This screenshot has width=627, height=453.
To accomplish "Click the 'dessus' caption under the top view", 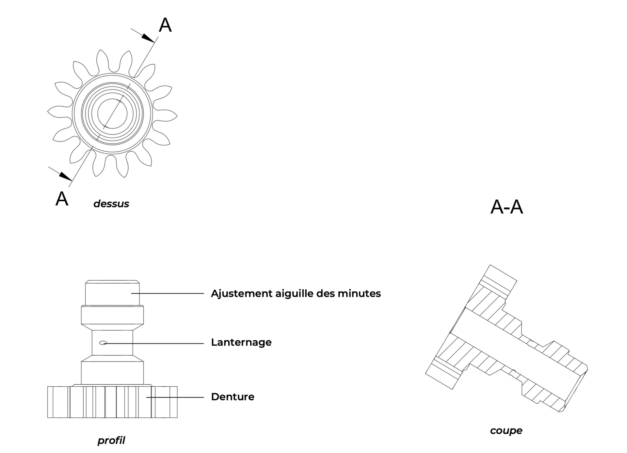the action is [111, 204].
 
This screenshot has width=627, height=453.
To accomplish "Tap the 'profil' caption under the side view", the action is [111, 441].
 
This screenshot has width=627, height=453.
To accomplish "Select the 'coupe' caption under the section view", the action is [506, 431].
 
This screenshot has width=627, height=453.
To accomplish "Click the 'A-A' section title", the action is [506, 207].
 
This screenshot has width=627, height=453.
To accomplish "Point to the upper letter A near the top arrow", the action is [165, 25].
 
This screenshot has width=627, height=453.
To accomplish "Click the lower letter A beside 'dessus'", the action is [62, 198].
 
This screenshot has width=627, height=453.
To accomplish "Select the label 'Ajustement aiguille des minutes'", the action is [296, 294].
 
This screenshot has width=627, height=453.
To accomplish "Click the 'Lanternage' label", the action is [241, 342].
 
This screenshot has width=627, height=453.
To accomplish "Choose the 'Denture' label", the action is [233, 397].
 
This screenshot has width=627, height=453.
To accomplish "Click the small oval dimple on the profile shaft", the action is [103, 343].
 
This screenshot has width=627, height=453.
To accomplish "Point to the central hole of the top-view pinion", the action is [112, 113].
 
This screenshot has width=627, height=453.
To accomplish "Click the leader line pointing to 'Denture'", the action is [175, 397].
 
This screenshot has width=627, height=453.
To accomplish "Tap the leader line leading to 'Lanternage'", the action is [153, 343].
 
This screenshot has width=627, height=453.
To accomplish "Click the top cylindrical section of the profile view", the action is [112, 293].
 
